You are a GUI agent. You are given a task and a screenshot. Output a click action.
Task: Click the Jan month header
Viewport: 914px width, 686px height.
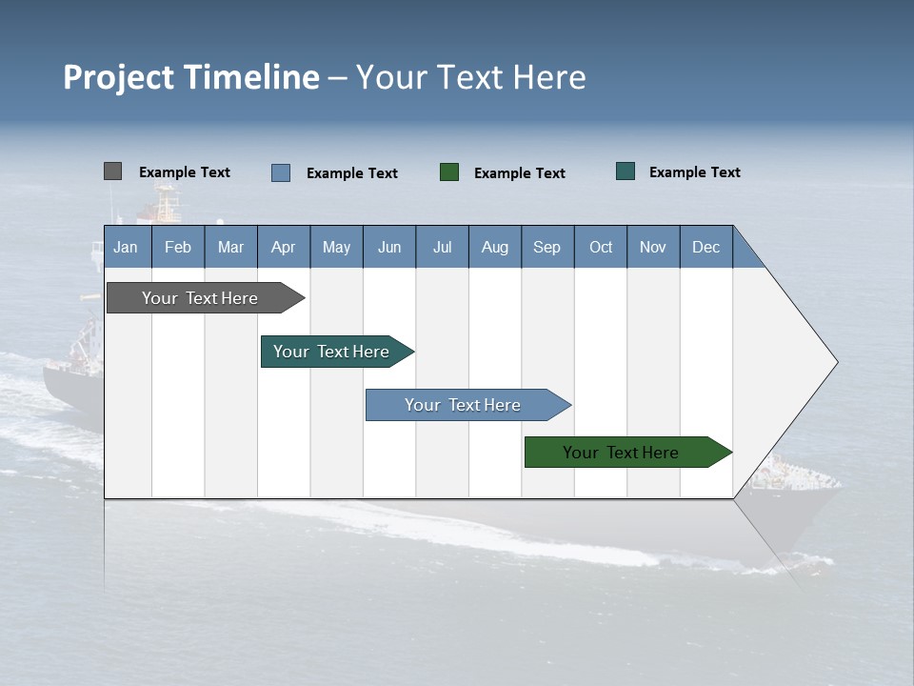127,247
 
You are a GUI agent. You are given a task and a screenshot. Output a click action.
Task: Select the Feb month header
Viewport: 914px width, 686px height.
178,247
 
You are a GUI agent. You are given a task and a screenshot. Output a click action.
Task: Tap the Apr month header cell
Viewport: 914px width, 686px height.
284,247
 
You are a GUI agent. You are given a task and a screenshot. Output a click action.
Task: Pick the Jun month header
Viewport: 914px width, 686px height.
389,247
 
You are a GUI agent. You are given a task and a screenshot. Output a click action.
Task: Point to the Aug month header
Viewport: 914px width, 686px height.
495,247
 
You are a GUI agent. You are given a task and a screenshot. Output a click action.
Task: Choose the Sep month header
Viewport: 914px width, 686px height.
547,247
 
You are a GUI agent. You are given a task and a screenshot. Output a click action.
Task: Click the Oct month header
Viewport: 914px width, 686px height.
601,247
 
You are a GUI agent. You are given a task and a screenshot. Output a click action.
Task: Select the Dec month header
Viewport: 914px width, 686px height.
706,247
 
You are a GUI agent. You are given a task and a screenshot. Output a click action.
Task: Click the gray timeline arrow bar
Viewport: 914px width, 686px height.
201,298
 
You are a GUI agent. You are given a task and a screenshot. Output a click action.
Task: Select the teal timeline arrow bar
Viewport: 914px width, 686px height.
332,352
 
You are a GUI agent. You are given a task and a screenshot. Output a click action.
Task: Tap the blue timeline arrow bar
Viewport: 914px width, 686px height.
464,405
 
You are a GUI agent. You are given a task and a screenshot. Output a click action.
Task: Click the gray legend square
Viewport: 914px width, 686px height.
112,171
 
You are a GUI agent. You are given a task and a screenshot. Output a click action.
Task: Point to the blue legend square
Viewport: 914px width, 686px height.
281,172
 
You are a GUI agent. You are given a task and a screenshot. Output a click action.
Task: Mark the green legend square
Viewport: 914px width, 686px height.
449,172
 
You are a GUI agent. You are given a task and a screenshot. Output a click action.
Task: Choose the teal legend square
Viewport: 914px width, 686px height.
626,171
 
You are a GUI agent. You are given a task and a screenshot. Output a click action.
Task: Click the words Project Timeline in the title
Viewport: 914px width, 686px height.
191,77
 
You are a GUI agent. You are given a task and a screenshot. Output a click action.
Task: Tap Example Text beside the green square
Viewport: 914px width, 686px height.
520,172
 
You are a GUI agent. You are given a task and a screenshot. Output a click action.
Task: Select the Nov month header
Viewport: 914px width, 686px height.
653,247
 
